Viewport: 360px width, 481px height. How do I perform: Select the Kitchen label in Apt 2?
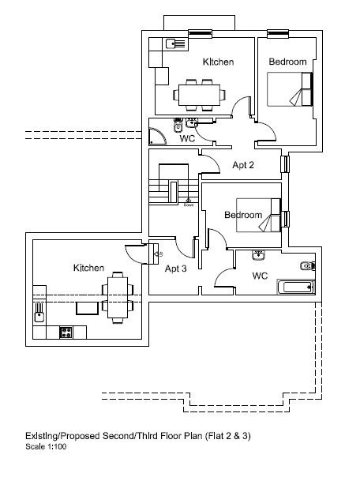coord(218,62)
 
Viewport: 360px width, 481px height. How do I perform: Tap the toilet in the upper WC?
coord(179,126)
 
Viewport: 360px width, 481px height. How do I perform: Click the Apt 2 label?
coord(243,165)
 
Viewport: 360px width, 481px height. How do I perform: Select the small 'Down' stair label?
coord(189,206)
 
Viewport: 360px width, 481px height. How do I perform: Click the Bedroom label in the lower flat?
coord(242,215)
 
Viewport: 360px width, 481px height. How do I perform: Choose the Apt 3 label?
coord(175,269)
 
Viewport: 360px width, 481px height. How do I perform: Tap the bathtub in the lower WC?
coord(296,287)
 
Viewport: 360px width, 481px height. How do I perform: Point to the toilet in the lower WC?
coord(307,265)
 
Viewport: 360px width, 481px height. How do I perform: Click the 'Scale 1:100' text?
coord(45,446)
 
